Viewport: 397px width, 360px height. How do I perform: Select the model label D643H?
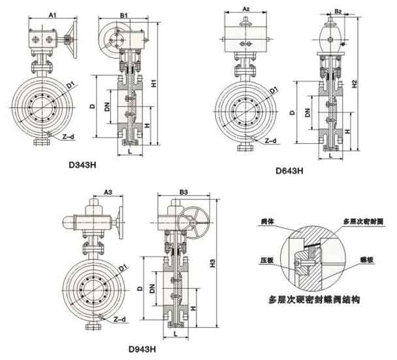pyautogui.click(x=289, y=171)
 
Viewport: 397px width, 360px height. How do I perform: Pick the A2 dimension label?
pyautogui.click(x=246, y=8)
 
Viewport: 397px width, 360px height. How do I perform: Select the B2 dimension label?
pyautogui.click(x=338, y=12)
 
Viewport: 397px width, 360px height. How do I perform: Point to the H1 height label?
pyautogui.click(x=153, y=84)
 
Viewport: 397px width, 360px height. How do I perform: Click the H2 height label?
pyautogui.click(x=353, y=84)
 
